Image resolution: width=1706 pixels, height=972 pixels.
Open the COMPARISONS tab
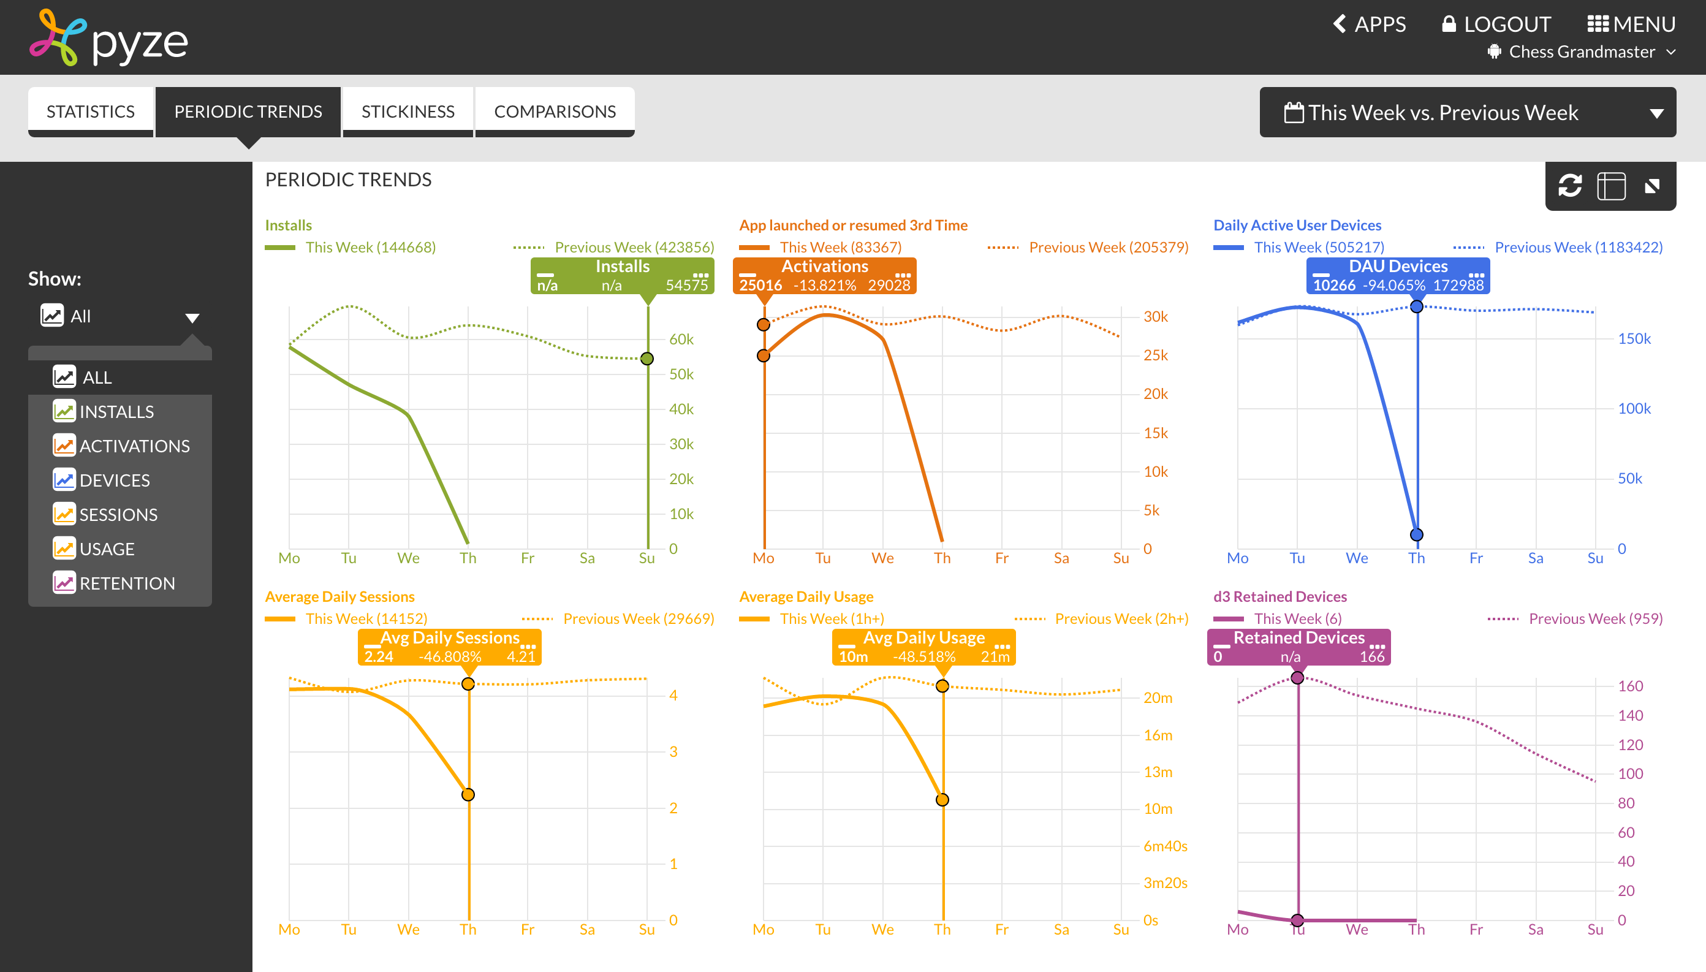554,112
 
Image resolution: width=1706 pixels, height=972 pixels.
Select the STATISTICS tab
91,112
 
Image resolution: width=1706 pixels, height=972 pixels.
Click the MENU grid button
1631,25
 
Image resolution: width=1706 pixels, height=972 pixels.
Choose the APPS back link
1370,25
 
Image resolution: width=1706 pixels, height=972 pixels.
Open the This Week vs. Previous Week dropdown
1467,112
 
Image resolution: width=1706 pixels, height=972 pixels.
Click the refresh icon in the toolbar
1570,186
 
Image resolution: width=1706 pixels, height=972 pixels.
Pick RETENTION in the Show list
126,583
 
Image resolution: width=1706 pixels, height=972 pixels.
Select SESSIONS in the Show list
118,515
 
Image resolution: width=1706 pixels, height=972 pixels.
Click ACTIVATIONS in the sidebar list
134,446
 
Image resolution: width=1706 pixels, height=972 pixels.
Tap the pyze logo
109,39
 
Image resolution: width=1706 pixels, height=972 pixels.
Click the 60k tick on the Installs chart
681,339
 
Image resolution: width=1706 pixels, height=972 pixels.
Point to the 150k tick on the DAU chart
1633,338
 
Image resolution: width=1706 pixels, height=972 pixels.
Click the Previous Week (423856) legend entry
634,247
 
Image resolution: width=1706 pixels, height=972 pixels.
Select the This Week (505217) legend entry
1318,247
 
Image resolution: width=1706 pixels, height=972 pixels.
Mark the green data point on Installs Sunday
646,359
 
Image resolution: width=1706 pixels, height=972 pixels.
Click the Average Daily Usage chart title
806,596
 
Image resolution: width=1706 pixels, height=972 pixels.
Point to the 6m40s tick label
1165,846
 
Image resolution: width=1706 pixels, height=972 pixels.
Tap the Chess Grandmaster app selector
1581,52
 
